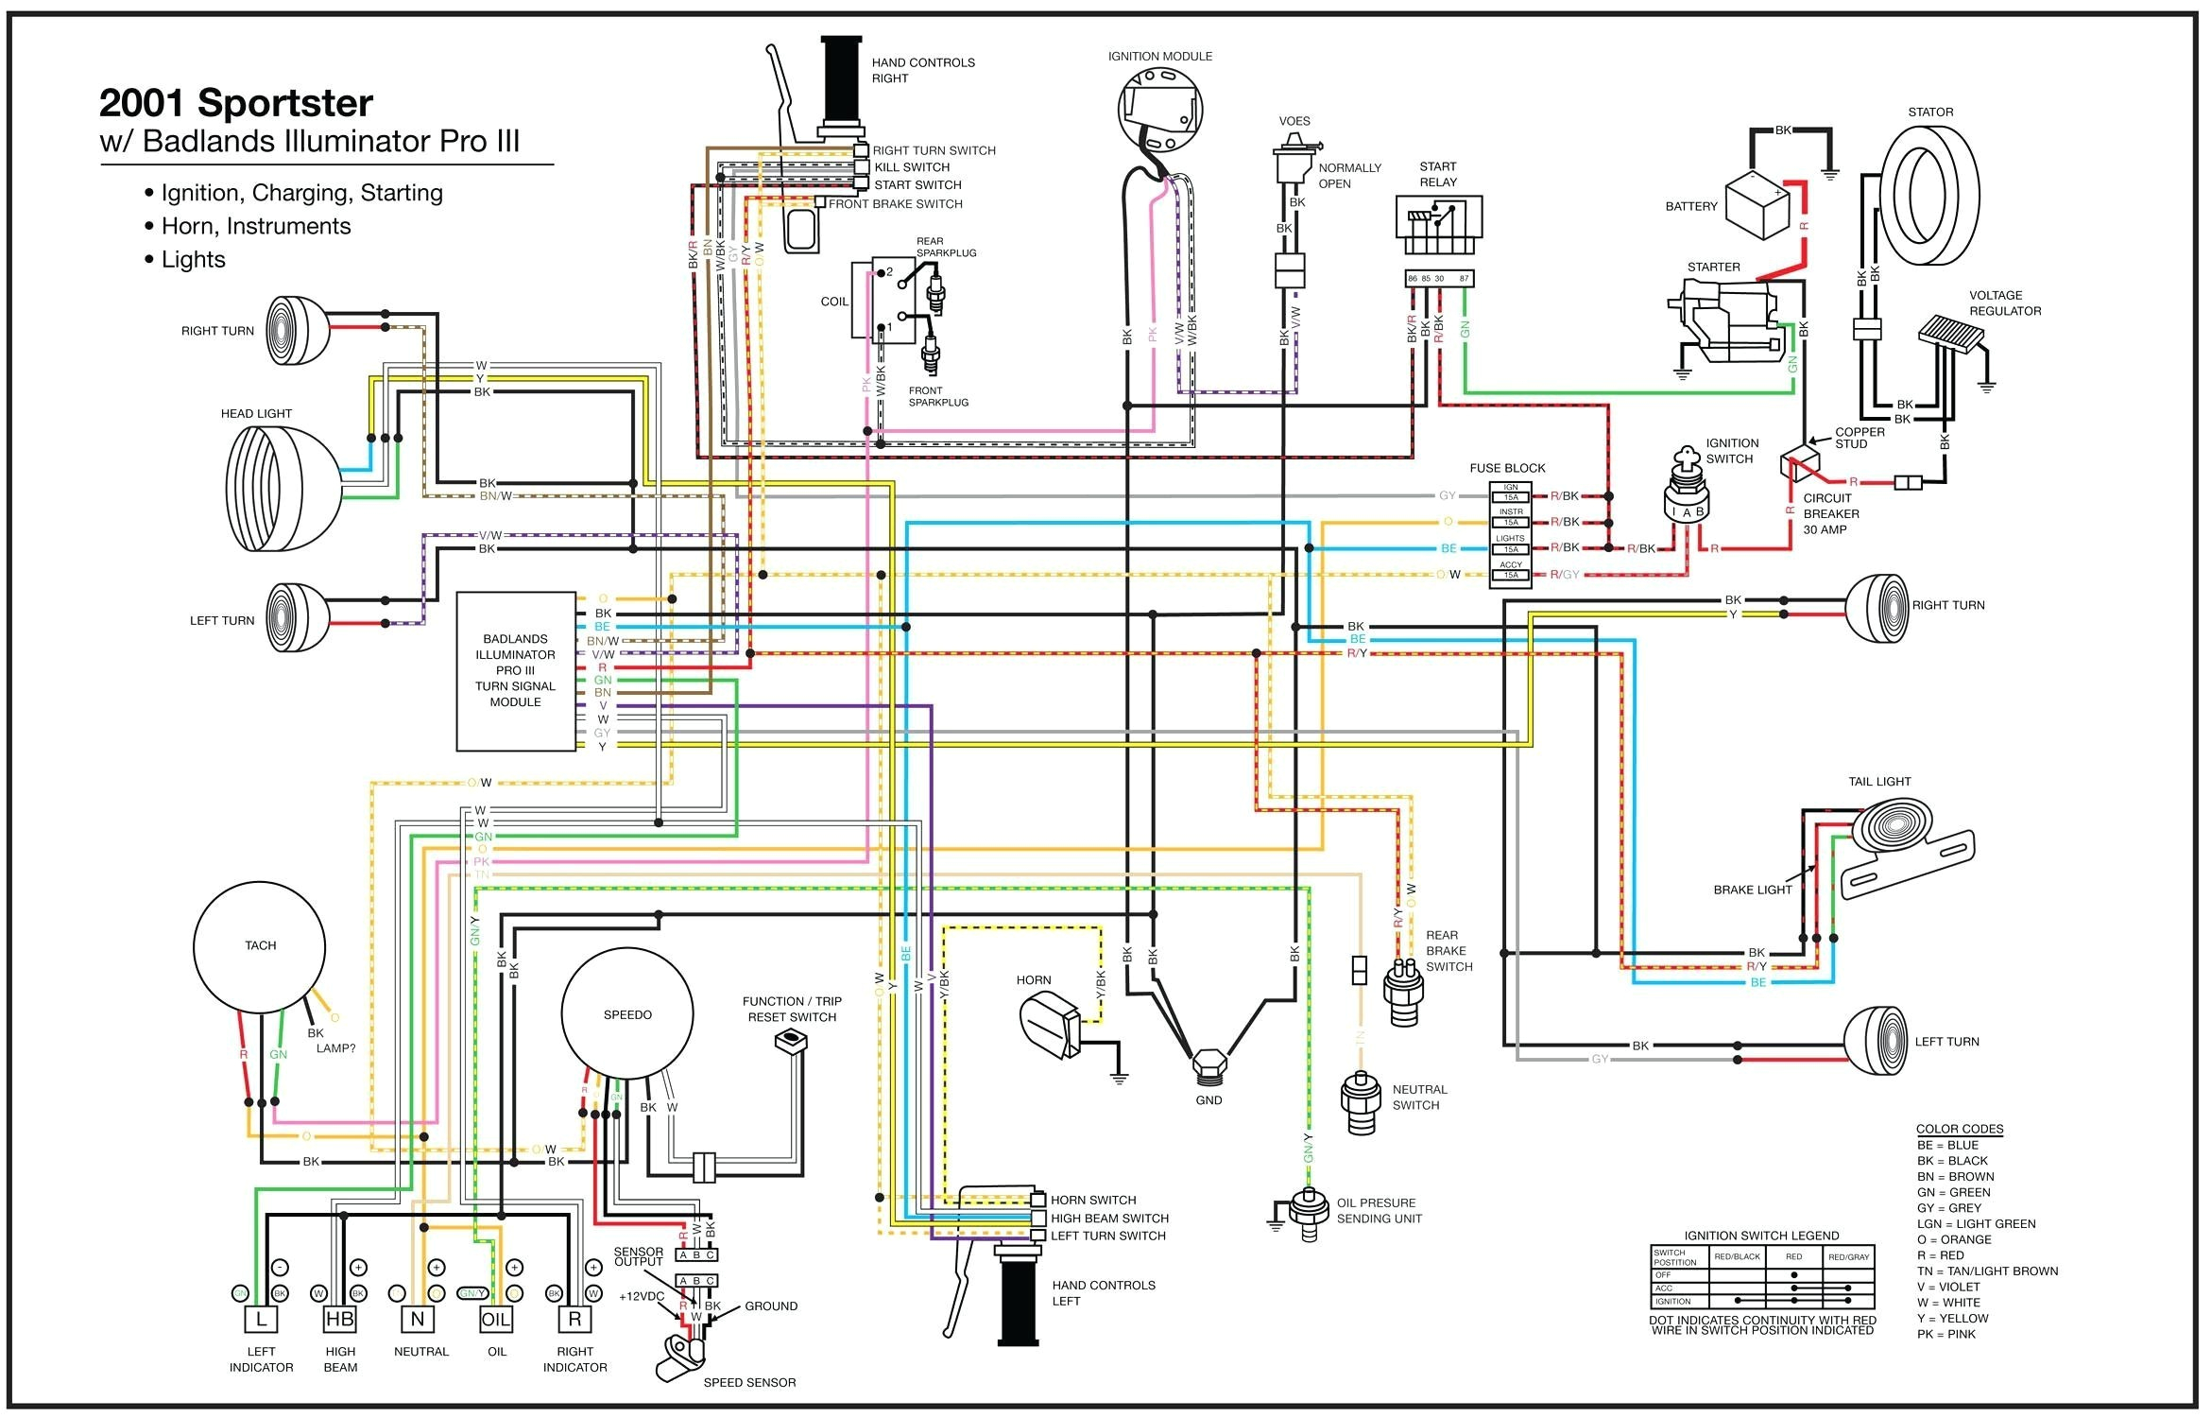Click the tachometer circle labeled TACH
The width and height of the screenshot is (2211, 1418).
(260, 947)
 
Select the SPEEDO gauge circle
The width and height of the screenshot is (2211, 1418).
(627, 1014)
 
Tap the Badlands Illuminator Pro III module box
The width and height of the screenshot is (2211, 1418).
(516, 671)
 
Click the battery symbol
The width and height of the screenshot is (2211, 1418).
(1757, 205)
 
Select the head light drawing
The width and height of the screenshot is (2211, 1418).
(282, 489)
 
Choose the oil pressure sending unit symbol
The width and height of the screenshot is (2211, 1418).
(1308, 1212)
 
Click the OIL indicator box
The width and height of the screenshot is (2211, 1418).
(496, 1320)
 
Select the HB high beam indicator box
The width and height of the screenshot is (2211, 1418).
(340, 1320)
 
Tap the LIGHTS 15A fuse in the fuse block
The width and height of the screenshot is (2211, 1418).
(1510, 549)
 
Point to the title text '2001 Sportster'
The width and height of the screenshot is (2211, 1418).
(236, 102)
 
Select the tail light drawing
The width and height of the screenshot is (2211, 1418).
(1909, 841)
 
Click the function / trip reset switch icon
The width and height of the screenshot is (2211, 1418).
(790, 1042)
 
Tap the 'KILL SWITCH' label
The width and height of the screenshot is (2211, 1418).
(911, 167)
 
